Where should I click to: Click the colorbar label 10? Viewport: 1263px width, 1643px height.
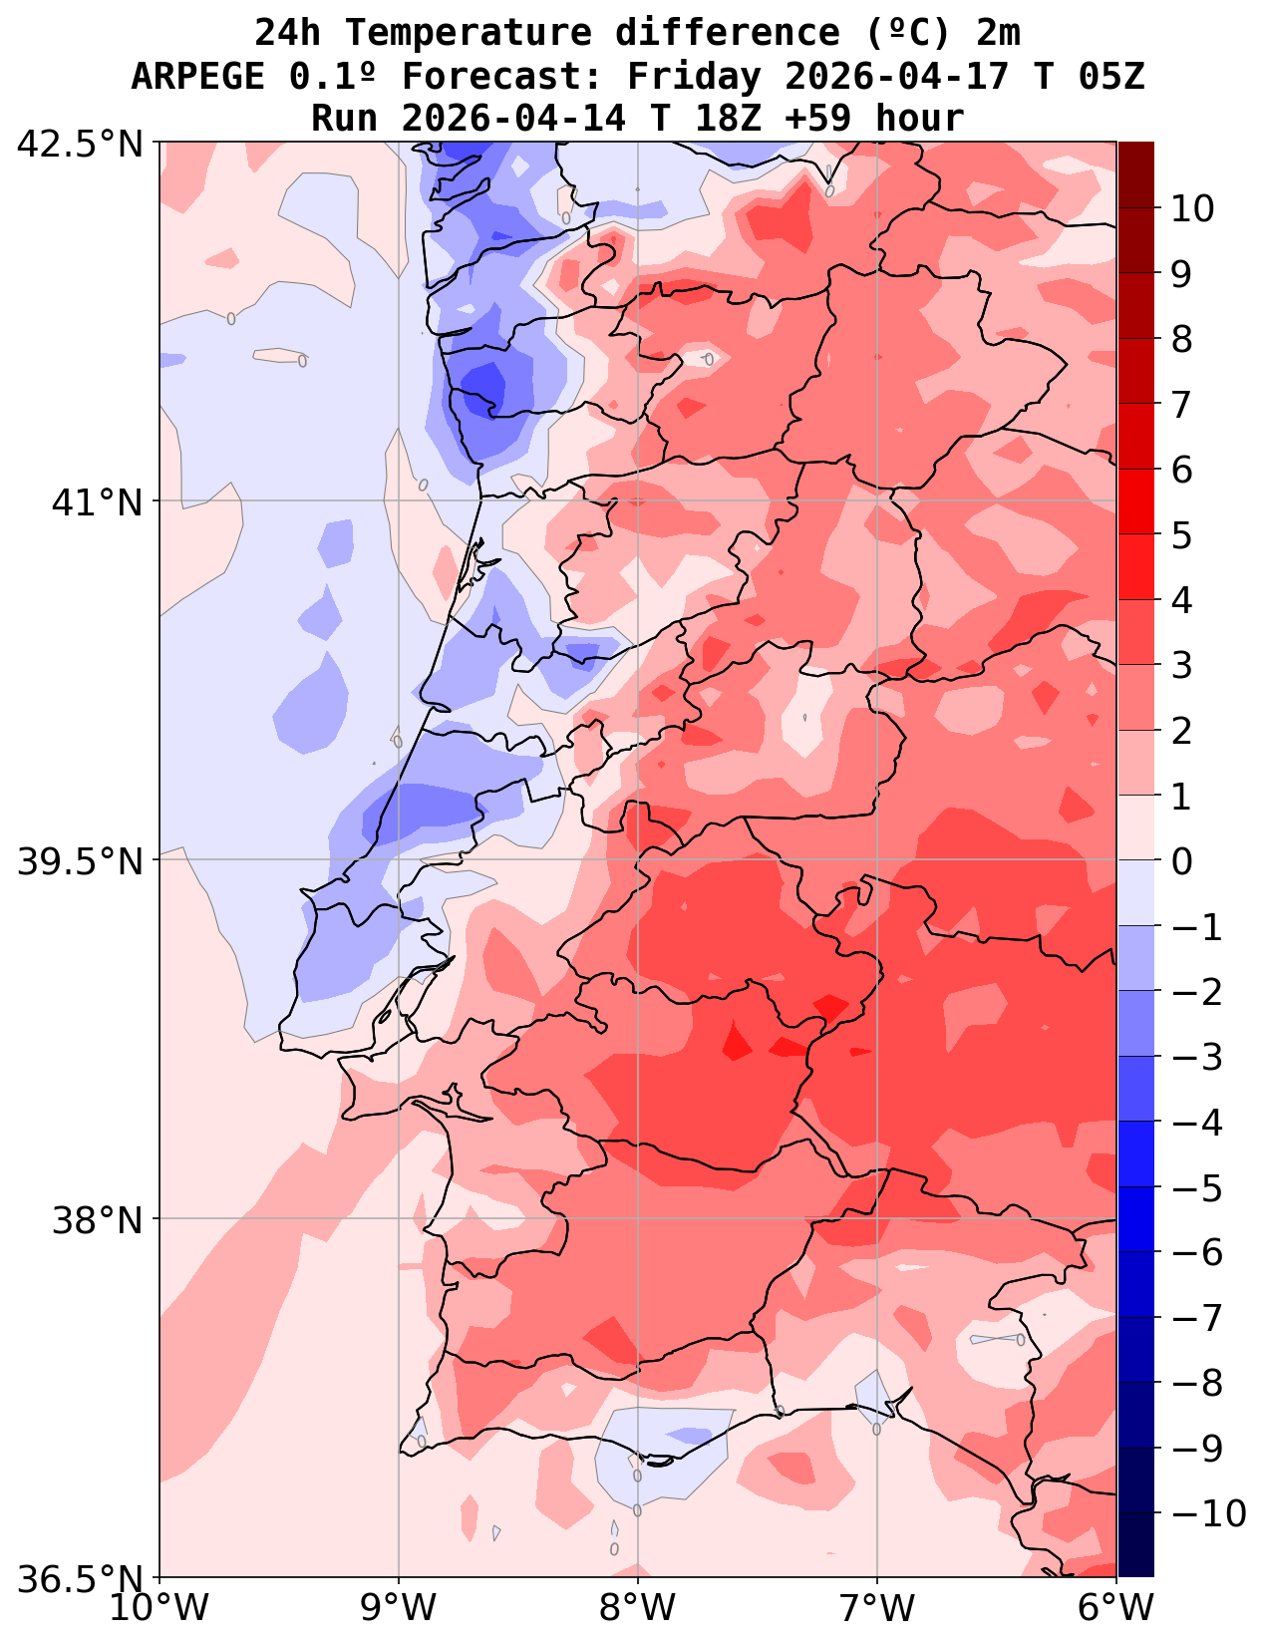coord(1193,209)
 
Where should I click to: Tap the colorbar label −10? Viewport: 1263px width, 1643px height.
coord(1209,1513)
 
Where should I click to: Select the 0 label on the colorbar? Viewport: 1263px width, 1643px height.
coord(1182,861)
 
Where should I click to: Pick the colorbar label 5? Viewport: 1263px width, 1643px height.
coord(1182,535)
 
